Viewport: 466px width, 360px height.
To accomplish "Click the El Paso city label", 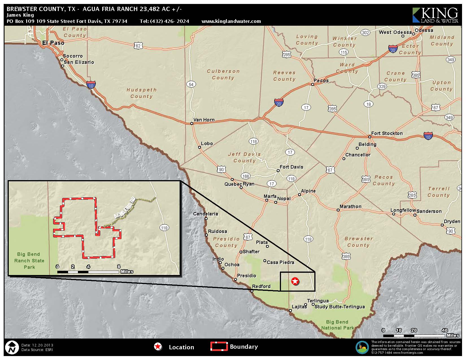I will point(53,43).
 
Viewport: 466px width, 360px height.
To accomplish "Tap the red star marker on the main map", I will point(295,281).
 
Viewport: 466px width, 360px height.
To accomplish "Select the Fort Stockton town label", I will point(387,133).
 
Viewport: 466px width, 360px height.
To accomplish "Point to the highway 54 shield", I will point(191,84).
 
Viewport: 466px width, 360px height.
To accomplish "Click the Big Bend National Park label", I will point(337,325).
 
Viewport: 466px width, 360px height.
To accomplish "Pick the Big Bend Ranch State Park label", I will point(29,261).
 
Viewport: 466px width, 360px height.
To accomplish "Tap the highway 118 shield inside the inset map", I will point(164,228).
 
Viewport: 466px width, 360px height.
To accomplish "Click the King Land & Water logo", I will point(435,15).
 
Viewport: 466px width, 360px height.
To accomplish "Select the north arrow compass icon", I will point(12,348).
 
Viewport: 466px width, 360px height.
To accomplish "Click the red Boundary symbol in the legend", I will point(219,346).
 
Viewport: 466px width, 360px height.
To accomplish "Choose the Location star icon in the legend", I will point(158,347).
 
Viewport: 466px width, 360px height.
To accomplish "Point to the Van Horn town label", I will point(204,120).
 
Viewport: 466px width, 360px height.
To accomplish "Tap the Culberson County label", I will point(223,75).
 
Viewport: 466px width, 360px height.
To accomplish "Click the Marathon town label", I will point(350,207).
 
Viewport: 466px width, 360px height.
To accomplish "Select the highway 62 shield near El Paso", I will point(138,46).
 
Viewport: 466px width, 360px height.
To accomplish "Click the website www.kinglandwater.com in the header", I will point(231,21).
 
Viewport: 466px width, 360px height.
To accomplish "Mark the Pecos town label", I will point(321,80).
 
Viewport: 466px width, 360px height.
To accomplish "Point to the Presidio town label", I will point(246,276).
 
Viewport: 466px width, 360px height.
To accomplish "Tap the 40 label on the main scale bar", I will point(445,330).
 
